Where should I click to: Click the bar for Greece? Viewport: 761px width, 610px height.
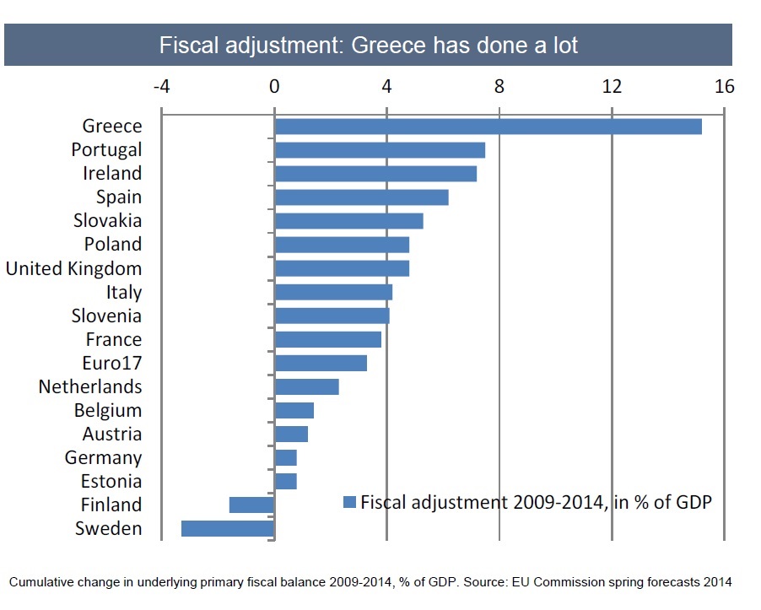[488, 127]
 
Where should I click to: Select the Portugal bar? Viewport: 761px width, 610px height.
[380, 150]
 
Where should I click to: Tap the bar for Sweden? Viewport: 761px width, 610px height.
[228, 529]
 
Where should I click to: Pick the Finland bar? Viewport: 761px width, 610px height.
[251, 505]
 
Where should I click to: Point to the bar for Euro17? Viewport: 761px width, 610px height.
[321, 364]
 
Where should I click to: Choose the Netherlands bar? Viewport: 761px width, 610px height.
[306, 387]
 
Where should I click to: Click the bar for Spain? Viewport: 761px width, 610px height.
[361, 197]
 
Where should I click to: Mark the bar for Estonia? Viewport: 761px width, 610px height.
[285, 482]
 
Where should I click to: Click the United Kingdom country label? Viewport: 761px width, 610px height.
[73, 268]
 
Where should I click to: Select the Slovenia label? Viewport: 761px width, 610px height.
[106, 316]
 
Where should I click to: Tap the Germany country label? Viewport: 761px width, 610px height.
[103, 458]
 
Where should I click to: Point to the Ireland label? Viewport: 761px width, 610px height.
[112, 174]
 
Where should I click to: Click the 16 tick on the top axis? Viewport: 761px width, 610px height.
[724, 87]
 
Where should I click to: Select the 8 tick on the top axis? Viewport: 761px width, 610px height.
[499, 87]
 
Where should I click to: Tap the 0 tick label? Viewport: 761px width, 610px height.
[274, 87]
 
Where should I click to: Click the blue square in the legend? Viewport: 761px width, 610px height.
[349, 503]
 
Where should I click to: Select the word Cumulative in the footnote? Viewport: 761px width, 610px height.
[41, 582]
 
